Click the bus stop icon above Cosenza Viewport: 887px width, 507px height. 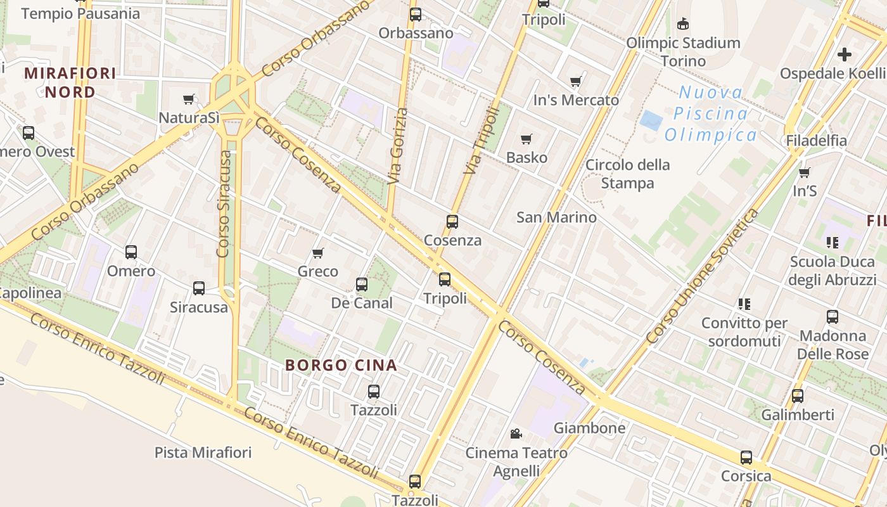click(x=452, y=222)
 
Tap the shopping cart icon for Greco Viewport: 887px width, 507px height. click(x=318, y=253)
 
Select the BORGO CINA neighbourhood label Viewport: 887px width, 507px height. click(x=341, y=365)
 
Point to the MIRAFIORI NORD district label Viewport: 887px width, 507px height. click(x=70, y=82)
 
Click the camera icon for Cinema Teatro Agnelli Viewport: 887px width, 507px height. click(x=516, y=434)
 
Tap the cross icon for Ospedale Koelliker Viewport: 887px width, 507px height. click(x=844, y=55)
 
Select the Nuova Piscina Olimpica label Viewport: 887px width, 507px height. click(x=710, y=113)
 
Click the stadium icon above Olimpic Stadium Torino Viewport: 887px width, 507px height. click(x=682, y=25)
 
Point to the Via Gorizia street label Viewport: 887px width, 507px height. click(x=397, y=146)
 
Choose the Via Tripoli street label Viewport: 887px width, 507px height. click(x=482, y=141)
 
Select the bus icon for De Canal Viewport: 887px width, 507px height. click(x=362, y=285)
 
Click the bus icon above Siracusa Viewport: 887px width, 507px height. click(x=199, y=288)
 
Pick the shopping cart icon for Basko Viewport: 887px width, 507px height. click(x=526, y=139)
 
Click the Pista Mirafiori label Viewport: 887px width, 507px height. click(x=203, y=452)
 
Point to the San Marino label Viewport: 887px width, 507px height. click(x=556, y=217)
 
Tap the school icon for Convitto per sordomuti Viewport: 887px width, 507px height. click(x=744, y=304)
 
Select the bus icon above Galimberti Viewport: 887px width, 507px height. click(x=797, y=396)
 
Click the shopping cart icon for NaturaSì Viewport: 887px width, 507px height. click(x=188, y=99)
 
